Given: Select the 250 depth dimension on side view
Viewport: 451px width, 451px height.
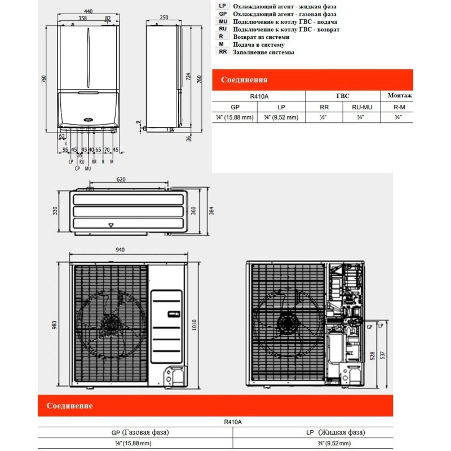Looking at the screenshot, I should tap(163, 17).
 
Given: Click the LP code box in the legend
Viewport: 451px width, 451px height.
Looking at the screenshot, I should tap(223, 5).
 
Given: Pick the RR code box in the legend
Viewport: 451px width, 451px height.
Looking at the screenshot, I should tap(223, 52).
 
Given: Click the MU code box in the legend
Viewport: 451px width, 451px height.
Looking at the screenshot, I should tap(223, 21).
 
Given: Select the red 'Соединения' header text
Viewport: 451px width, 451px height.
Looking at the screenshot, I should tap(244, 80).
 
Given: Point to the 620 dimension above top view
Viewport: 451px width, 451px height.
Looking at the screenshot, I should tap(121, 179).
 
